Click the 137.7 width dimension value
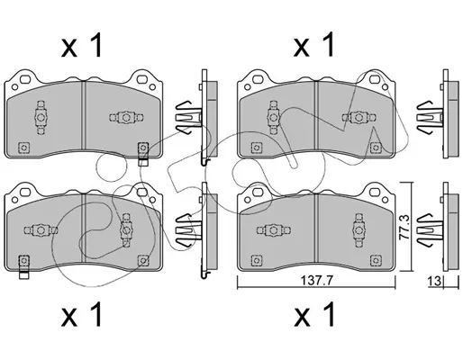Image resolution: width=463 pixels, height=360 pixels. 316,281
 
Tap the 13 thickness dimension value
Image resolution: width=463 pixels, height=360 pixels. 434,282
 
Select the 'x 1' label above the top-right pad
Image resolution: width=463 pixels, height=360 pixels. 313,45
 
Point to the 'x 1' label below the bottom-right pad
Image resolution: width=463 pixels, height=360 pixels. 313,314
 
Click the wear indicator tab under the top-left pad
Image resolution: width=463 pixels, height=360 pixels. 143,162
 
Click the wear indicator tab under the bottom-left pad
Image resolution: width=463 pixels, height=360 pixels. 24,274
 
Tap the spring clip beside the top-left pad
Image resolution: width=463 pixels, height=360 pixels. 188,117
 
